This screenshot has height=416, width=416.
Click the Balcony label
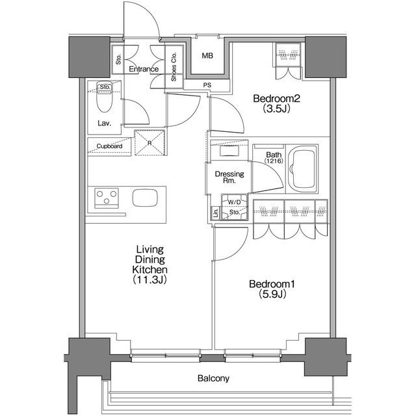click(213, 378)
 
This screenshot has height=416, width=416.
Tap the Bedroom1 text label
click(272, 284)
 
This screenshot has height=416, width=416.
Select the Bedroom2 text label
click(276, 98)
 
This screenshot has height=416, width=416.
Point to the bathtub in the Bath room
click(302, 169)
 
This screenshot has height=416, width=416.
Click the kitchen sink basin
click(145, 198)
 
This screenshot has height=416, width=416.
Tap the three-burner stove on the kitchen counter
click(107, 198)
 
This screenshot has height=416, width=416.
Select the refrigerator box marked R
click(149, 143)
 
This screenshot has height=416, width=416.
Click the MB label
click(207, 56)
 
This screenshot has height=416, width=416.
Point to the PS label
click(207, 85)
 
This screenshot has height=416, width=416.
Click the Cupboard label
click(109, 146)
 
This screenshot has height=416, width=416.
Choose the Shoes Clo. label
click(174, 66)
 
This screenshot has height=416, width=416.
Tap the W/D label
click(235, 202)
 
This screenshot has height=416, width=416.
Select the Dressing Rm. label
click(229, 177)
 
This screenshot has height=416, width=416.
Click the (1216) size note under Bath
click(274, 161)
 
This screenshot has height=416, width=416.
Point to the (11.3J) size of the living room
click(150, 279)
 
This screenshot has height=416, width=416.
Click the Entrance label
click(144, 69)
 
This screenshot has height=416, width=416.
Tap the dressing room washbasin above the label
click(229, 151)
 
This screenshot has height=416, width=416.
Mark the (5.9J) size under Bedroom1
click(272, 294)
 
